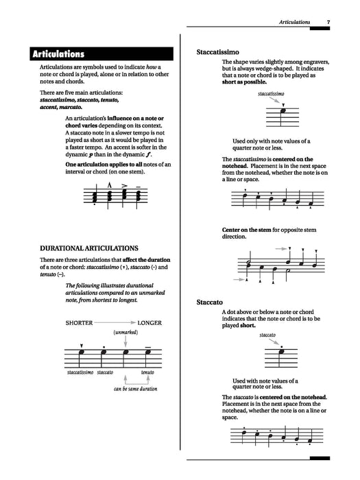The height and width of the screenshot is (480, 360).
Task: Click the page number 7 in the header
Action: [x=328, y=23]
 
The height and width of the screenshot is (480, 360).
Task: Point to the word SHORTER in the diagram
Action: [x=80, y=322]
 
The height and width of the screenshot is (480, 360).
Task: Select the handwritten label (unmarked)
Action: [x=126, y=333]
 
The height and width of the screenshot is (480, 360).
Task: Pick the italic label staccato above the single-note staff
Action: [x=267, y=336]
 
